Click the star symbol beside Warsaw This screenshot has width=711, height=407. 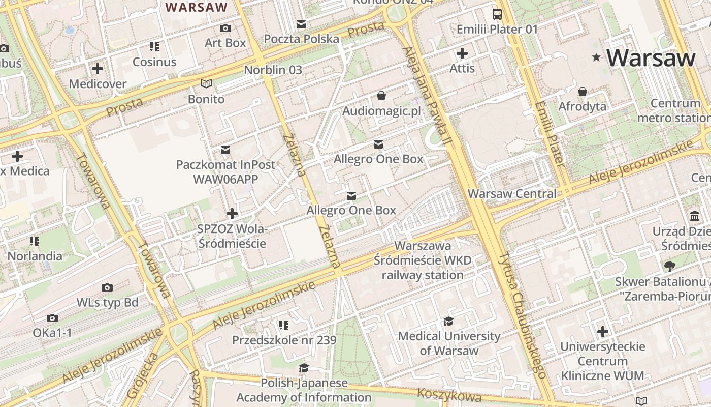click(x=596, y=58)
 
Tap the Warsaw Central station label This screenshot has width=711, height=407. click(x=511, y=194)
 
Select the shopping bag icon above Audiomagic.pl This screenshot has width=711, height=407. click(x=381, y=96)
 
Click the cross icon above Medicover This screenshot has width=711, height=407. click(x=98, y=68)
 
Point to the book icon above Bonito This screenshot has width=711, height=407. click(x=206, y=83)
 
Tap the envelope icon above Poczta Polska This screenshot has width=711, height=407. click(x=302, y=24)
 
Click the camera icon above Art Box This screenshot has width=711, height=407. click(x=225, y=28)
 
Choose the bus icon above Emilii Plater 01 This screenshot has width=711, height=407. click(x=497, y=14)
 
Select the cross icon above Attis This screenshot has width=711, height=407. click(x=462, y=53)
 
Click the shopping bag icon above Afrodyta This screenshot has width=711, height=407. click(x=583, y=92)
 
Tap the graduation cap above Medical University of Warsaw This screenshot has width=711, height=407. click(x=448, y=321)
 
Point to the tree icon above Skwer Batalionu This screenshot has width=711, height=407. click(x=670, y=266)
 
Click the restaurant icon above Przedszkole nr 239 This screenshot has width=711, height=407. click(x=284, y=325)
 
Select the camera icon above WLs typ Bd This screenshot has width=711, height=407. click(x=107, y=287)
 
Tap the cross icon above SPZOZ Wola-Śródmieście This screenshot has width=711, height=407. click(x=232, y=214)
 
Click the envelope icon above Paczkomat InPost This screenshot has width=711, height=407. click(x=225, y=150)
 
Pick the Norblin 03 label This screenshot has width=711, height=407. click(x=273, y=70)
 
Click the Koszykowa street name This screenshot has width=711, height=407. click(x=449, y=395)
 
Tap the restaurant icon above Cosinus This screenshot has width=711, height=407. click(x=154, y=47)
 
